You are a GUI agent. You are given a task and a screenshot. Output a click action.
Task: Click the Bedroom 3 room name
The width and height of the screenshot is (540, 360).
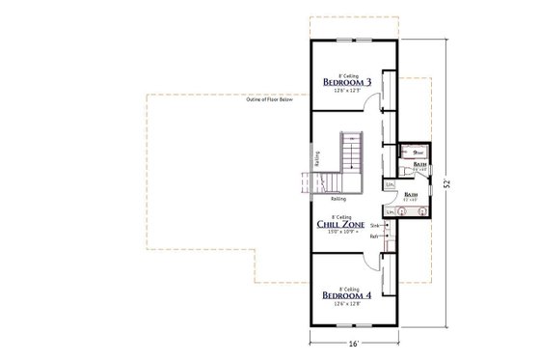pyautogui.click(x=346, y=81)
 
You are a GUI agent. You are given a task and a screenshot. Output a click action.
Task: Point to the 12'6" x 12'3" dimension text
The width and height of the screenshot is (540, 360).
pyautogui.click(x=346, y=91)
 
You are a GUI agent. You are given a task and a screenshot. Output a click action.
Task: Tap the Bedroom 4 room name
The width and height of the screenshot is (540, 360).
pyautogui.click(x=346, y=293)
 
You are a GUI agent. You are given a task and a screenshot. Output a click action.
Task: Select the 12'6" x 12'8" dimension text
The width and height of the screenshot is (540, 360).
pyautogui.click(x=346, y=304)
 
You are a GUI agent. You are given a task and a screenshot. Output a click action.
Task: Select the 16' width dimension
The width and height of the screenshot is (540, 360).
pyautogui.click(x=353, y=343)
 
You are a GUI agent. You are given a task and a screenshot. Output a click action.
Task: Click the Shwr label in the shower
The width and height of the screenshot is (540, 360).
pyautogui.click(x=418, y=152)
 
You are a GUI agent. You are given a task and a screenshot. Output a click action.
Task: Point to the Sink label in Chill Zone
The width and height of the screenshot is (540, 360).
pyautogui.click(x=374, y=225)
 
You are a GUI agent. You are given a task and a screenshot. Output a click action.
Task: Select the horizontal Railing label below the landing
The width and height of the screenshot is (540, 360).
pyautogui.click(x=339, y=199)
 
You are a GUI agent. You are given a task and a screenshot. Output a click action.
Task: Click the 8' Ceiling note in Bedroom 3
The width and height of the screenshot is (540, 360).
pyautogui.click(x=346, y=72)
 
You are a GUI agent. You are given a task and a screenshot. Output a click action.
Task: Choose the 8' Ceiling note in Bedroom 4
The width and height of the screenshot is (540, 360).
pyautogui.click(x=346, y=285)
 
